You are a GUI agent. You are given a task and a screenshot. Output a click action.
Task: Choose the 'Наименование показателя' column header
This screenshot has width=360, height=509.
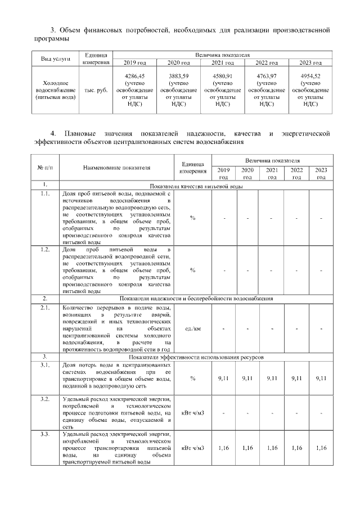pos(117,168)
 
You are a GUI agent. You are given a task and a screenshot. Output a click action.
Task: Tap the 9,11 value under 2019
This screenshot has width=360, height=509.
pos(224,379)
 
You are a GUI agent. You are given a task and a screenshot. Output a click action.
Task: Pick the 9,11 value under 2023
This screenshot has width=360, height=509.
pos(321,379)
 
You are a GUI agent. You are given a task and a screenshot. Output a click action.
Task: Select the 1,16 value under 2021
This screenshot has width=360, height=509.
pos(272,448)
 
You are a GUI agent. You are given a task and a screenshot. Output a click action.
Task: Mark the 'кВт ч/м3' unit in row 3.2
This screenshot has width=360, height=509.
pos(192,413)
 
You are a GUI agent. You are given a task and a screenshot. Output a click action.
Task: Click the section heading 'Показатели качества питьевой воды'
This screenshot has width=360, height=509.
pos(196,185)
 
